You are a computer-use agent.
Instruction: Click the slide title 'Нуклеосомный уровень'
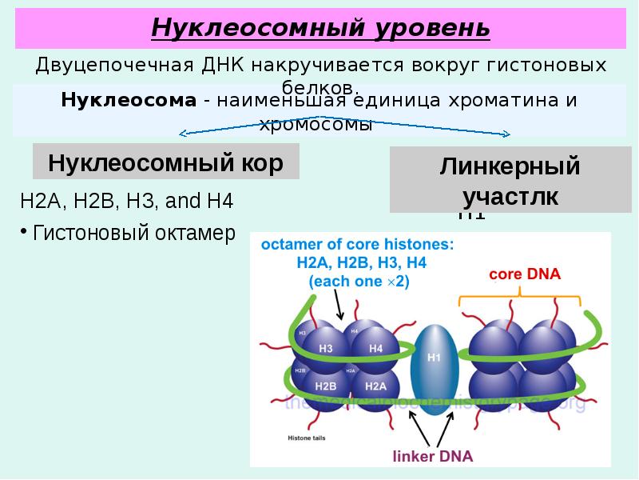[320, 29]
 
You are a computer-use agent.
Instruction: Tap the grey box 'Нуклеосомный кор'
[165, 163]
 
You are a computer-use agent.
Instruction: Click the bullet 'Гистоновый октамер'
[133, 233]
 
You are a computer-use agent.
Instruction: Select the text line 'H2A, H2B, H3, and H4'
[126, 200]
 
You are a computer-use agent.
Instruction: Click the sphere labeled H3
[326, 349]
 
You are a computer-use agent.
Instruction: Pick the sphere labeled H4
[375, 349]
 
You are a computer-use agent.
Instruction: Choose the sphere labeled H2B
[326, 386]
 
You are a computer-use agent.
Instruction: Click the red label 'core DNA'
[525, 274]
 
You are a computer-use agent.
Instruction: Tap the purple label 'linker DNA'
[433, 457]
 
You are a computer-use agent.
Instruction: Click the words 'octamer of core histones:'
[357, 244]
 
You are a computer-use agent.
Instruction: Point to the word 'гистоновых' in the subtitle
[545, 65]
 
